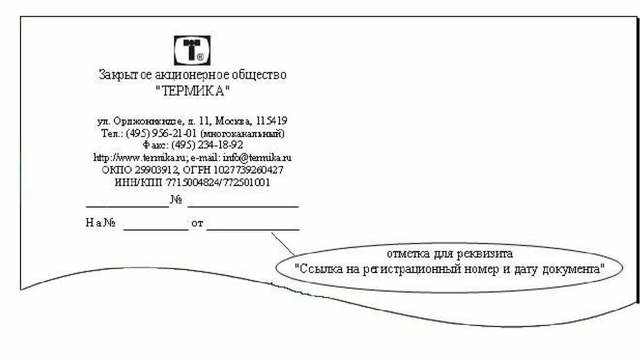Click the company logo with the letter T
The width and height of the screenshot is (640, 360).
(x=192, y=51)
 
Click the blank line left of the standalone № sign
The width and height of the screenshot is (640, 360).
(x=127, y=206)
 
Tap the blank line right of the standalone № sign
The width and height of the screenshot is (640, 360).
(x=242, y=206)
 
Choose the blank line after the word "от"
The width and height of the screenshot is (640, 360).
(x=252, y=229)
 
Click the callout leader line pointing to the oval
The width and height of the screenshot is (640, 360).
(x=284, y=244)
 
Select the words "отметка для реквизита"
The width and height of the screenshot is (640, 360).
(x=449, y=254)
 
